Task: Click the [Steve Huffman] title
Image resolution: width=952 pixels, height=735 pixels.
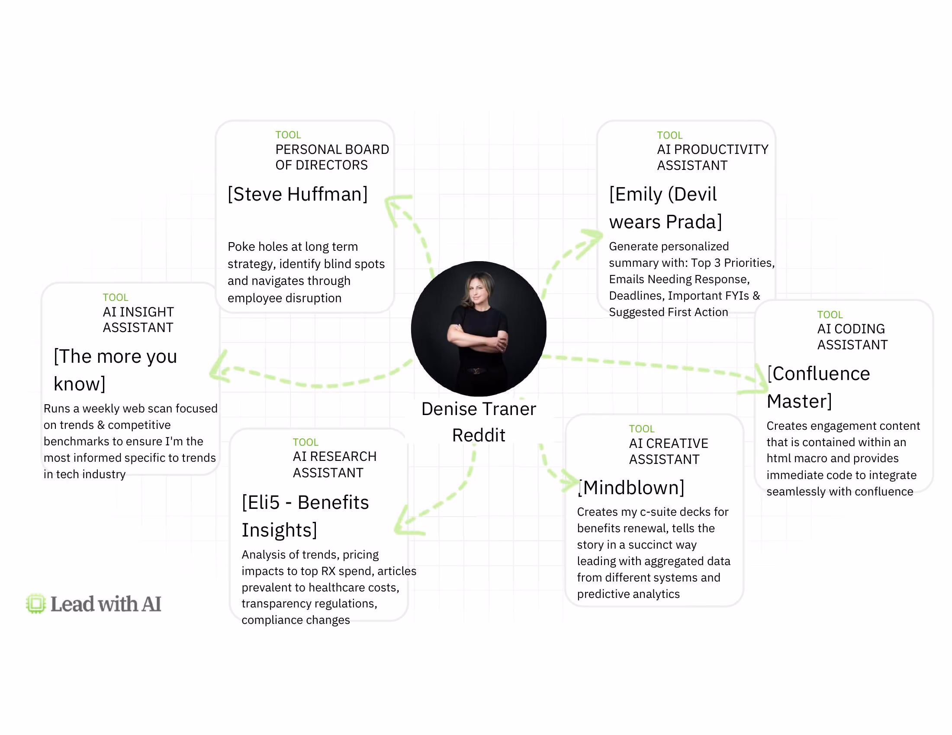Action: tap(298, 194)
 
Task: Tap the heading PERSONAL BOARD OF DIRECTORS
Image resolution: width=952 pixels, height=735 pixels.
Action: tap(332, 157)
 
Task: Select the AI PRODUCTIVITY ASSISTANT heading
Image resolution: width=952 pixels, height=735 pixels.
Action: tap(713, 157)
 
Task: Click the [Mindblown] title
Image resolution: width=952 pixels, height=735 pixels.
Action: tap(631, 488)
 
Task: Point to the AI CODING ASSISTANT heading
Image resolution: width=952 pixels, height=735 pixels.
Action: tap(852, 336)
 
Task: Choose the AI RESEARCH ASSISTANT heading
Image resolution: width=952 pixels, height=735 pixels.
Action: tap(334, 465)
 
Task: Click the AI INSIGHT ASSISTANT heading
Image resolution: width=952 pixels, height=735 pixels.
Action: tap(138, 320)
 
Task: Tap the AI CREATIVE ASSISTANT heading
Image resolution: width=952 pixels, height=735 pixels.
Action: tap(668, 451)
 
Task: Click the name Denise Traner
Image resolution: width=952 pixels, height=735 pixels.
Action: tap(479, 409)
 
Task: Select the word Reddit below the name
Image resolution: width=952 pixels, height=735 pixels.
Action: tap(479, 435)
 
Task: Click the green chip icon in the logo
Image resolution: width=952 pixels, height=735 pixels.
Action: tap(36, 604)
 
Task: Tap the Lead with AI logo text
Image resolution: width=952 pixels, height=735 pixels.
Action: tap(106, 604)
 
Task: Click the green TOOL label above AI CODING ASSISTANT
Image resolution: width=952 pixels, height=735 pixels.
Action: tap(830, 314)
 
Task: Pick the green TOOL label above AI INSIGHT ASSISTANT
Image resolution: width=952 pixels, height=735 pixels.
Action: tap(116, 297)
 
